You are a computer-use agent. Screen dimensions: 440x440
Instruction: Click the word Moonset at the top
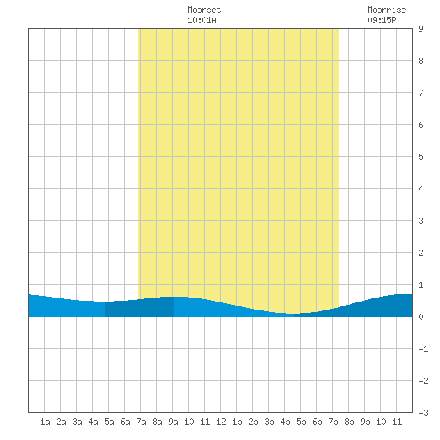[204, 10]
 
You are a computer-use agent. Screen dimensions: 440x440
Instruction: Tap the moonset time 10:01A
[202, 20]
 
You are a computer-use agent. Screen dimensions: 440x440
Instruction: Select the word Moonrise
[386, 10]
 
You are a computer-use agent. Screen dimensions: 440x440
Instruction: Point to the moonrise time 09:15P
[382, 20]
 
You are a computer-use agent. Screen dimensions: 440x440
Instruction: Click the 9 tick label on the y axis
[421, 29]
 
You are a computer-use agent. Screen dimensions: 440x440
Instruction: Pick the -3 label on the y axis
[423, 413]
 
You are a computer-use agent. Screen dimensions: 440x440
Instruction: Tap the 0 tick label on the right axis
[421, 317]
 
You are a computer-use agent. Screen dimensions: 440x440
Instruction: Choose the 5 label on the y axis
[421, 157]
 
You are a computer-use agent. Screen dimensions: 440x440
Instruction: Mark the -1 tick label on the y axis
[423, 349]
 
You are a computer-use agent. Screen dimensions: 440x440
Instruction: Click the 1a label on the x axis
[45, 422]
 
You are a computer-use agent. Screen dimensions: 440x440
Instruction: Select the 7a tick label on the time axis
[141, 422]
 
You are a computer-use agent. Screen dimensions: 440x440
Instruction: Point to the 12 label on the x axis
[221, 422]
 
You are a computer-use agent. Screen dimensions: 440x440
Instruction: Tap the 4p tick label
[285, 422]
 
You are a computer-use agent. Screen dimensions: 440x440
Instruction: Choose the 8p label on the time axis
[349, 422]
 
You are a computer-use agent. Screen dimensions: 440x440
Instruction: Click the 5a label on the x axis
[109, 422]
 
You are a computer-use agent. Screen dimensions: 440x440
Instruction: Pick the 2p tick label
[253, 422]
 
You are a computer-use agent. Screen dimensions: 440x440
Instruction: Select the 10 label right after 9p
[381, 422]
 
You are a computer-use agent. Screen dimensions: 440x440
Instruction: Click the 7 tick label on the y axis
[421, 93]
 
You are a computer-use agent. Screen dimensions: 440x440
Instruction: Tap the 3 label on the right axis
[421, 221]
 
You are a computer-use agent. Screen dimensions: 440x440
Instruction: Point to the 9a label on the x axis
[173, 422]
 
